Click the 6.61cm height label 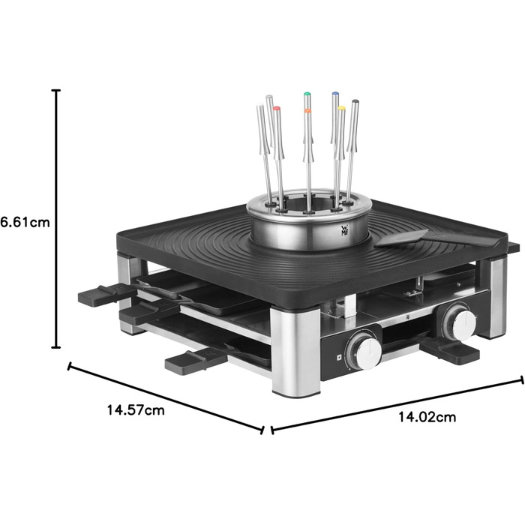(x=25, y=222)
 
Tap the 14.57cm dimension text (x=136, y=409)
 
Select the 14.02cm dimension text (x=427, y=417)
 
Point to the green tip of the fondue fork (x=307, y=94)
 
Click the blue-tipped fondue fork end (x=335, y=94)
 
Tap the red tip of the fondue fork (x=276, y=109)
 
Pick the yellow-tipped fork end (x=341, y=109)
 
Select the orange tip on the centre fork (x=307, y=110)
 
